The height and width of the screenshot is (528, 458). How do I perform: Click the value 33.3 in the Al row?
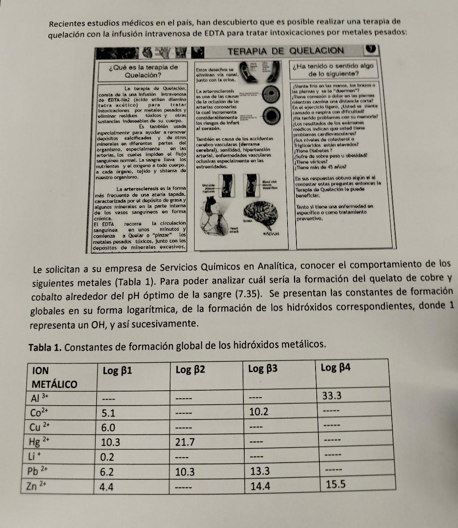(332, 396)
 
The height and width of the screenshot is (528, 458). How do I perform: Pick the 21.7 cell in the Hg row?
(185, 442)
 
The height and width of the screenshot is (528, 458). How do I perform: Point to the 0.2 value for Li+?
(107, 457)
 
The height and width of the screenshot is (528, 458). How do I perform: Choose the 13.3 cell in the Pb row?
(260, 471)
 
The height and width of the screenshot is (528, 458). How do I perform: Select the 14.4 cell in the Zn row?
(260, 486)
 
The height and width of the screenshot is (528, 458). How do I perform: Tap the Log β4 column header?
(335, 367)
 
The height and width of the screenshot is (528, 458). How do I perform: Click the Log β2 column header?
(190, 370)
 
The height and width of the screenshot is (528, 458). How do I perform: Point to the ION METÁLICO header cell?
(55, 377)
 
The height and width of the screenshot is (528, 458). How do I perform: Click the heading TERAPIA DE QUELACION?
(285, 51)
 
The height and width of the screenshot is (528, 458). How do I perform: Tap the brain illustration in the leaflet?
(261, 212)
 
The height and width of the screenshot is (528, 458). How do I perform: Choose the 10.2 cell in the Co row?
(258, 411)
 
